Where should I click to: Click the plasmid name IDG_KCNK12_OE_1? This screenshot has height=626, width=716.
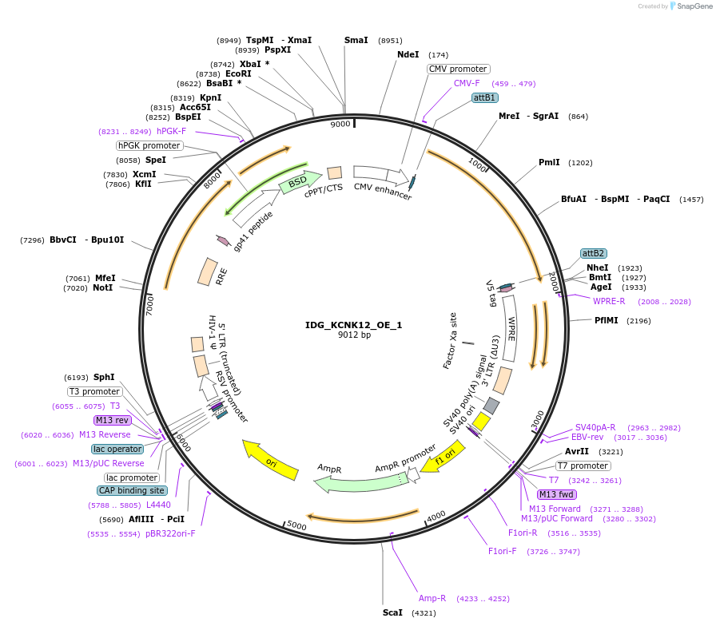tap(353, 325)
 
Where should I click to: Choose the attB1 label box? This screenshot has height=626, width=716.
tap(485, 97)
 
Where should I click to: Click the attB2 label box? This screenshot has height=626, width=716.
tap(593, 253)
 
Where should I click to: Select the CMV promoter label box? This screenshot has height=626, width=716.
tap(458, 69)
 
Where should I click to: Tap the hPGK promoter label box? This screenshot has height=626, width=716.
tap(149, 145)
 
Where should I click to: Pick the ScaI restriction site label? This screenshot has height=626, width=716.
tap(392, 612)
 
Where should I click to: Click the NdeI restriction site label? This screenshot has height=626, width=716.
tap(408, 54)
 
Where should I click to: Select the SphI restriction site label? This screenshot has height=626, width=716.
tap(104, 377)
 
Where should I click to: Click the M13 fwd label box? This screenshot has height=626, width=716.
tap(557, 494)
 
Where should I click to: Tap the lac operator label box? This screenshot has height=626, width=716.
tap(117, 449)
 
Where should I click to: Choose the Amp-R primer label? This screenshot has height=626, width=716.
tap(432, 598)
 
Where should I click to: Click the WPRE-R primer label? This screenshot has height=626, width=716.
tap(609, 301)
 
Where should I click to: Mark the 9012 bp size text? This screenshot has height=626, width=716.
tap(353, 335)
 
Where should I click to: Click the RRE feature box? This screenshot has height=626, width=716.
tap(208, 271)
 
